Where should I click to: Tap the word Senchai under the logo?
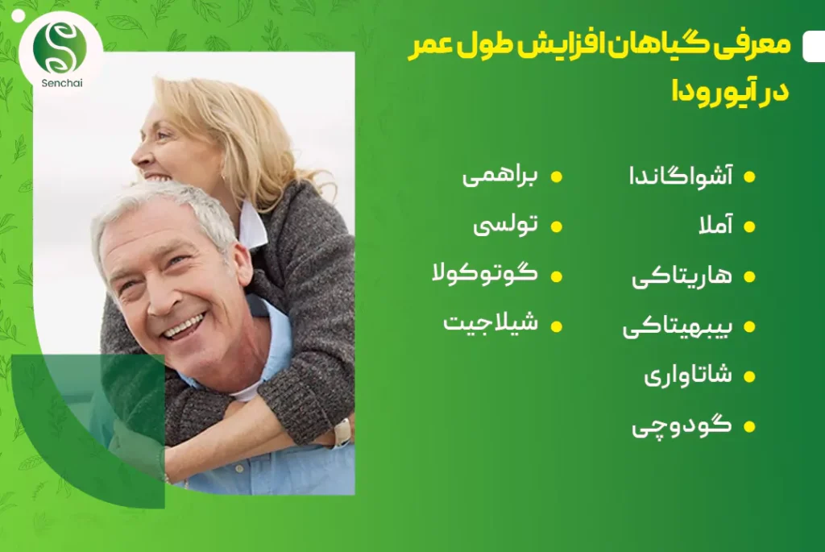click(x=62, y=83)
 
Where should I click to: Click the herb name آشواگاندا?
click(x=681, y=175)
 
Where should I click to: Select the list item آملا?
click(x=715, y=225)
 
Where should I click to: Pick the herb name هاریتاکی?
click(x=682, y=276)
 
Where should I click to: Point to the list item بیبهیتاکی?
click(x=678, y=326)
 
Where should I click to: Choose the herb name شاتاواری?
click(x=688, y=376)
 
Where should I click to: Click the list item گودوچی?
click(x=682, y=425)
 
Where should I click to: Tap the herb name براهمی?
click(x=500, y=175)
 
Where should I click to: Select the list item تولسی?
click(x=506, y=225)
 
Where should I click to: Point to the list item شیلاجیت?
click(x=491, y=322)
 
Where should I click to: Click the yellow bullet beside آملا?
click(x=749, y=226)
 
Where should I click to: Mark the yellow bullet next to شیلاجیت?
click(x=556, y=326)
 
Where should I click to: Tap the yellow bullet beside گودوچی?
click(x=749, y=426)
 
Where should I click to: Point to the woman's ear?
click(x=223, y=177)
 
